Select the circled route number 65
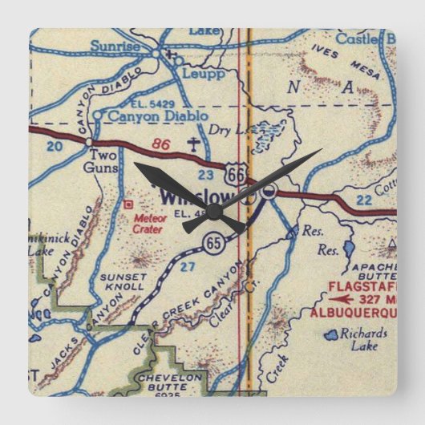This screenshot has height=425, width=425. [212, 245]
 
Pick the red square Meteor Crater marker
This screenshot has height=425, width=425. [129, 204]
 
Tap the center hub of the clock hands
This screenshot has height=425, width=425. [213, 212]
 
